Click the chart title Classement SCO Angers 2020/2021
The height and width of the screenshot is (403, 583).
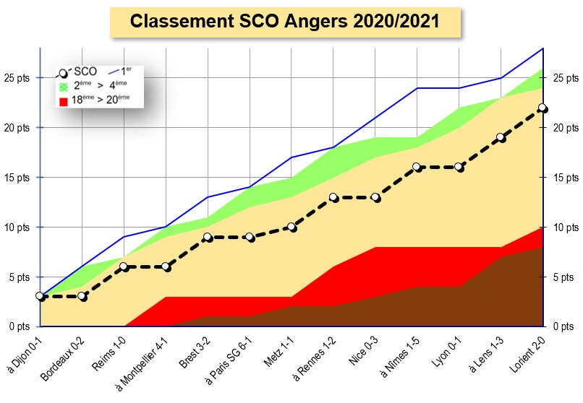click(285, 21)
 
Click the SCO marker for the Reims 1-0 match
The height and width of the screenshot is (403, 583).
click(124, 266)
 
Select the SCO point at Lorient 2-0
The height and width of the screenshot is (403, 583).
click(542, 108)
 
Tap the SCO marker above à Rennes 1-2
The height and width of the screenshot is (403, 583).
click(333, 197)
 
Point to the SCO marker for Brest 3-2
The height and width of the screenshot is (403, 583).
click(208, 237)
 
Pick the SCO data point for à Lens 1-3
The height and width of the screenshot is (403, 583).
click(501, 138)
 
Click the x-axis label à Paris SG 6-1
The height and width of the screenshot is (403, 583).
click(229, 360)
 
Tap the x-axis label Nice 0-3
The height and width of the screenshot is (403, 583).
click(364, 351)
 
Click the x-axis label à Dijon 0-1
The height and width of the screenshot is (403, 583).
click(25, 355)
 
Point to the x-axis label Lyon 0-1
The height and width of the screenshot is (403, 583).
click(446, 352)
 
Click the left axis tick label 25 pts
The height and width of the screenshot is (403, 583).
click(17, 78)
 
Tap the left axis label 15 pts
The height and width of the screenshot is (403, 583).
click(17, 178)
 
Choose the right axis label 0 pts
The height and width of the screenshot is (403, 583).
click(563, 326)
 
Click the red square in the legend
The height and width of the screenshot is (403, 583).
click(64, 101)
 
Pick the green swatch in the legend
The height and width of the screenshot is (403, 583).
click(64, 87)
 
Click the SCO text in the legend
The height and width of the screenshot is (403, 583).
click(85, 71)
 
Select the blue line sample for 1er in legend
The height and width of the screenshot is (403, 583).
click(114, 71)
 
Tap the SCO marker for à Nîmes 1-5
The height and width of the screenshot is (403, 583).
click(417, 168)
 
